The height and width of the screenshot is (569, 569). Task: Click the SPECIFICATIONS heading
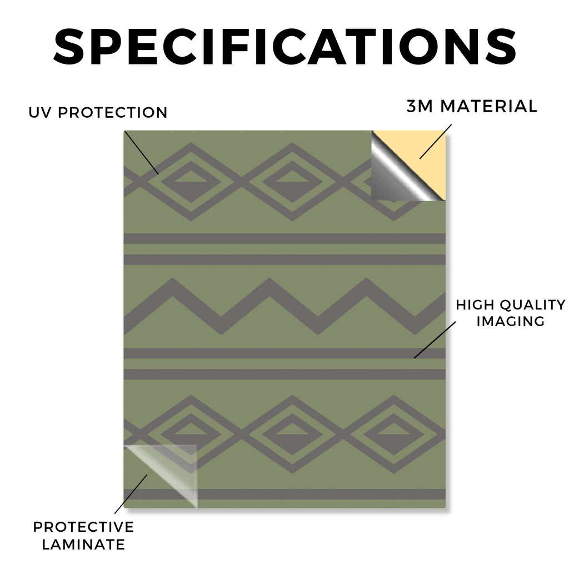pyautogui.click(x=285, y=47)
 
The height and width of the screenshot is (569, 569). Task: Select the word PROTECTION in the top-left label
pyautogui.click(x=112, y=112)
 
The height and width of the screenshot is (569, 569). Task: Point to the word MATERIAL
pyautogui.click(x=488, y=106)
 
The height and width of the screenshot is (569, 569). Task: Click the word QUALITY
pyautogui.click(x=533, y=305)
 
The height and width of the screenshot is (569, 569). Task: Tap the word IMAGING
pyautogui.click(x=511, y=322)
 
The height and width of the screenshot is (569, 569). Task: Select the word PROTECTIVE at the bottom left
pyautogui.click(x=83, y=527)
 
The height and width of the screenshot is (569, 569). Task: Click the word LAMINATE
pyautogui.click(x=83, y=545)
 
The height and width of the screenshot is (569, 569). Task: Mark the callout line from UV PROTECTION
pyautogui.click(x=142, y=153)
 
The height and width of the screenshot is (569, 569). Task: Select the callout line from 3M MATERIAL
pyautogui.click(x=436, y=142)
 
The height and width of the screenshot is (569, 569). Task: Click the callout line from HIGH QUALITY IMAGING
pyautogui.click(x=435, y=340)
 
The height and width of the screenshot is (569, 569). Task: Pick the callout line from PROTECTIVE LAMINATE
pyautogui.click(x=131, y=494)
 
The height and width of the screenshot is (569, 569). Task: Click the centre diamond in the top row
pyautogui.click(x=292, y=182)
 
